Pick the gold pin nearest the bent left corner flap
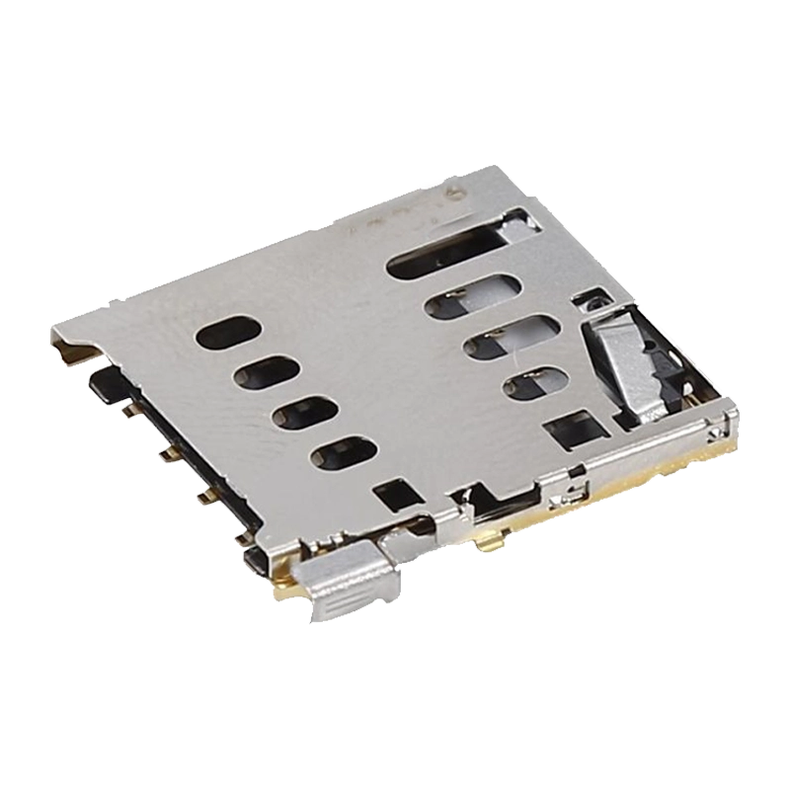pyautogui.click(x=128, y=407)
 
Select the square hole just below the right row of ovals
pyautogui.click(x=572, y=429)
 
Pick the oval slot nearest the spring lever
pyautogui.click(x=534, y=384)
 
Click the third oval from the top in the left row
pyautogui.click(x=303, y=413)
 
